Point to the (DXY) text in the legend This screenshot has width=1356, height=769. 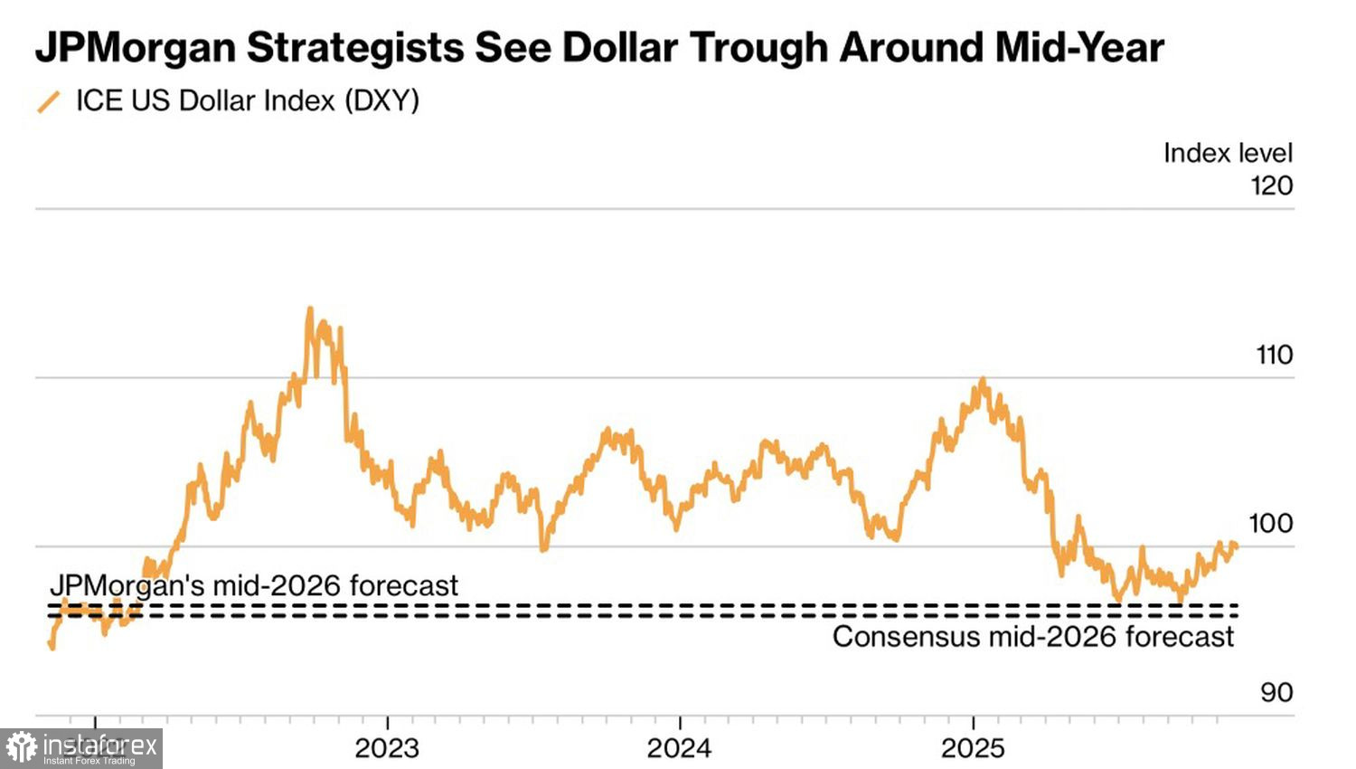point(381,100)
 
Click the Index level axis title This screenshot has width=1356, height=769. point(1228,153)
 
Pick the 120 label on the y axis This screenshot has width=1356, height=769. point(1271,186)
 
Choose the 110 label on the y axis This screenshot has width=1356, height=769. point(1275,355)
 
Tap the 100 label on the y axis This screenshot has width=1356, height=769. point(1271,523)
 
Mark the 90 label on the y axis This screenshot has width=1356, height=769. point(1276,692)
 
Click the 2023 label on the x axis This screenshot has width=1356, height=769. point(387,748)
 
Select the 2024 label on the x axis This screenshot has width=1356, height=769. point(680,748)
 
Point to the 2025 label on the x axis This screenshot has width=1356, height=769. point(973,748)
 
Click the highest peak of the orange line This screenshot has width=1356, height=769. point(310,309)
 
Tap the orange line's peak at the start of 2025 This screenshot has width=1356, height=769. point(983,380)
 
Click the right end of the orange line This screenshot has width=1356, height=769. point(1236,545)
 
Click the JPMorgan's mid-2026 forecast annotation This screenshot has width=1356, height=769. point(254,585)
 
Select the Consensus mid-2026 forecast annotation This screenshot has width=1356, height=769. point(1032,637)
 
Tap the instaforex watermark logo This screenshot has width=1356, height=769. point(81,748)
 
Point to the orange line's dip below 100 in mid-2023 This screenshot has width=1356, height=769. point(543,548)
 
